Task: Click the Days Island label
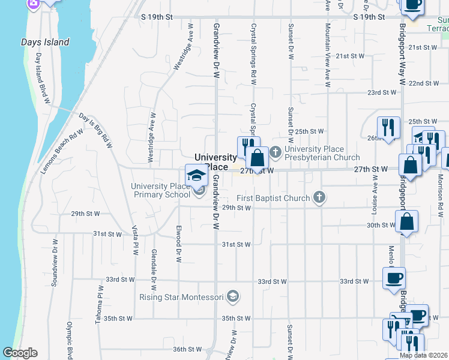pyautogui.click(x=45, y=42)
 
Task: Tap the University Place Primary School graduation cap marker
pyautogui.click(x=196, y=175)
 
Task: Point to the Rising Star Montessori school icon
pyautogui.click(x=234, y=296)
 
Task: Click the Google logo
pyautogui.click(x=20, y=353)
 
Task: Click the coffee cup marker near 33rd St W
pyautogui.click(x=394, y=278)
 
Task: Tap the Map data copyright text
pyautogui.click(x=423, y=355)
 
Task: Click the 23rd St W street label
pyautogui.click(x=382, y=93)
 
